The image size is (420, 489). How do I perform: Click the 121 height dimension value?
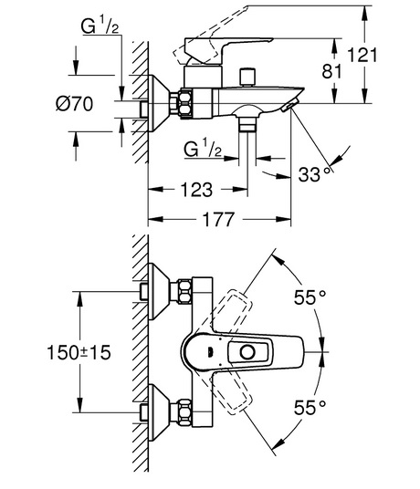(362, 55)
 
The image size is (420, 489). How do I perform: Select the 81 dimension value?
(331, 71)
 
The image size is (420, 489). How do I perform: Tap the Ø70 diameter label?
(74, 103)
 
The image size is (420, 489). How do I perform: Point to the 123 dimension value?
(196, 190)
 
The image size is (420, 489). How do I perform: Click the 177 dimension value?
(218, 219)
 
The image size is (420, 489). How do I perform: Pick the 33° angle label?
(314, 174)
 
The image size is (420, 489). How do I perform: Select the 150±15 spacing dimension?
(79, 352)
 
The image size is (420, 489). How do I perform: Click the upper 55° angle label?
(310, 297)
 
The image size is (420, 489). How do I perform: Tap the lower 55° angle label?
(310, 407)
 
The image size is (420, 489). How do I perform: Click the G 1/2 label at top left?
(100, 26)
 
